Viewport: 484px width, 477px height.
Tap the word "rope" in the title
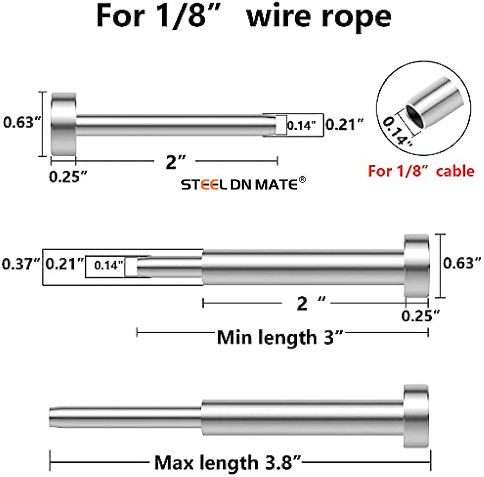click(x=356, y=16)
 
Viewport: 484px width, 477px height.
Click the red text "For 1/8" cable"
click(x=421, y=171)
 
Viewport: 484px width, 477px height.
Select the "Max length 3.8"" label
click(x=228, y=463)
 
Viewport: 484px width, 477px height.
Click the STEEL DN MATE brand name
click(x=239, y=186)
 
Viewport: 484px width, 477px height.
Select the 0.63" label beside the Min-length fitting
click(x=462, y=264)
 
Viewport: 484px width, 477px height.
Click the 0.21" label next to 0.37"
click(x=65, y=265)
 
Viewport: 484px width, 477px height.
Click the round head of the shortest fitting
click(x=63, y=125)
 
